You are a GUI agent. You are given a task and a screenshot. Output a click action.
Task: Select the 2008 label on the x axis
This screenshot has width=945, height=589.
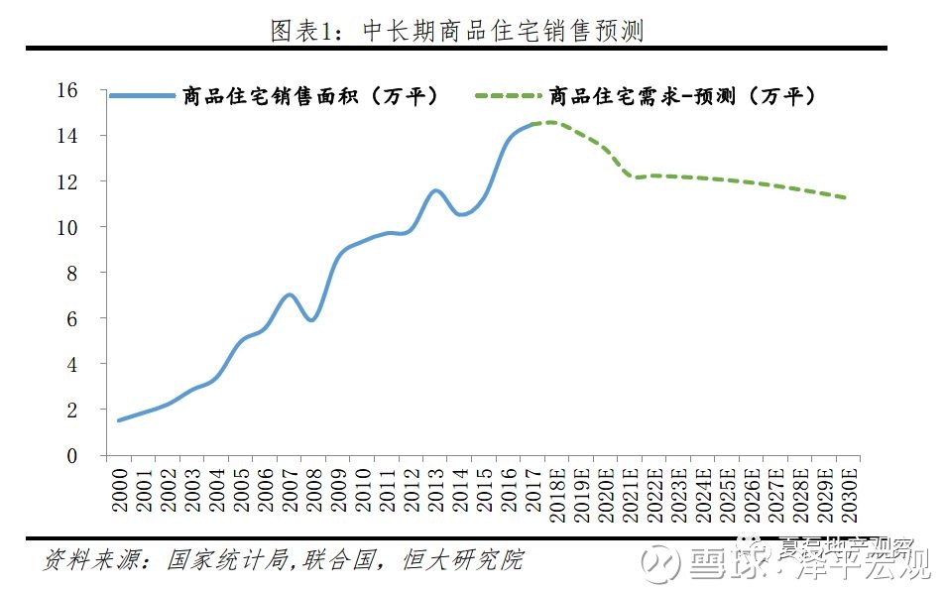tap(312, 488)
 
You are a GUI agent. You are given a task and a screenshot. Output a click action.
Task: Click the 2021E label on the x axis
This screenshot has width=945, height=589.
tap(630, 493)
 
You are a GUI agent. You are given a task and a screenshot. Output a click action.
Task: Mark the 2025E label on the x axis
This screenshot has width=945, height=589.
tap(726, 493)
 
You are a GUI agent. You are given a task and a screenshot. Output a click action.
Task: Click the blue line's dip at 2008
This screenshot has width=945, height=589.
tap(311, 320)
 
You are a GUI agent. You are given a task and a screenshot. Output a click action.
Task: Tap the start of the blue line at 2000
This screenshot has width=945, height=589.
tap(119, 420)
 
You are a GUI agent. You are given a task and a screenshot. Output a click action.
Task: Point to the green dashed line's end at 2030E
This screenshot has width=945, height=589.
tap(846, 198)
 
